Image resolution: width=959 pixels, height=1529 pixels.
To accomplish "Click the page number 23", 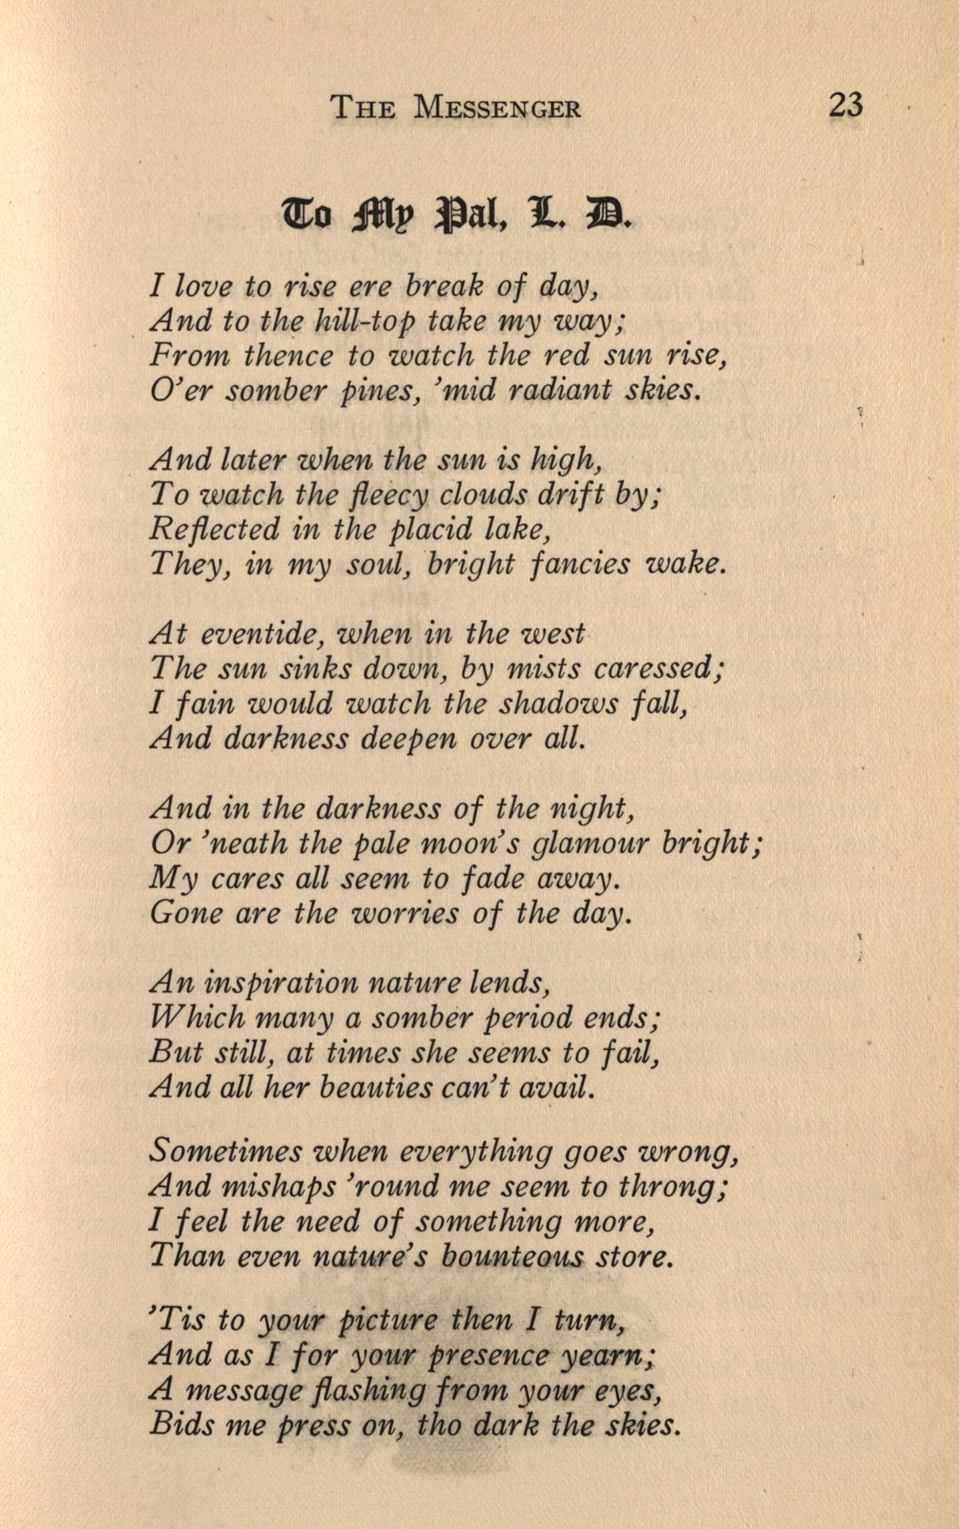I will tap(845, 106).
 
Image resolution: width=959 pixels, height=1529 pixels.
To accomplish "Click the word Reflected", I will tap(213, 529).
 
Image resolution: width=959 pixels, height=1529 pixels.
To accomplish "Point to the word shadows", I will tap(558, 704).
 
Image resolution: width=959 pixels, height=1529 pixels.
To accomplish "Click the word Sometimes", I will tap(225, 1153).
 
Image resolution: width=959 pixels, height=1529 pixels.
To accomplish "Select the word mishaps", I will tap(279, 1188).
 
